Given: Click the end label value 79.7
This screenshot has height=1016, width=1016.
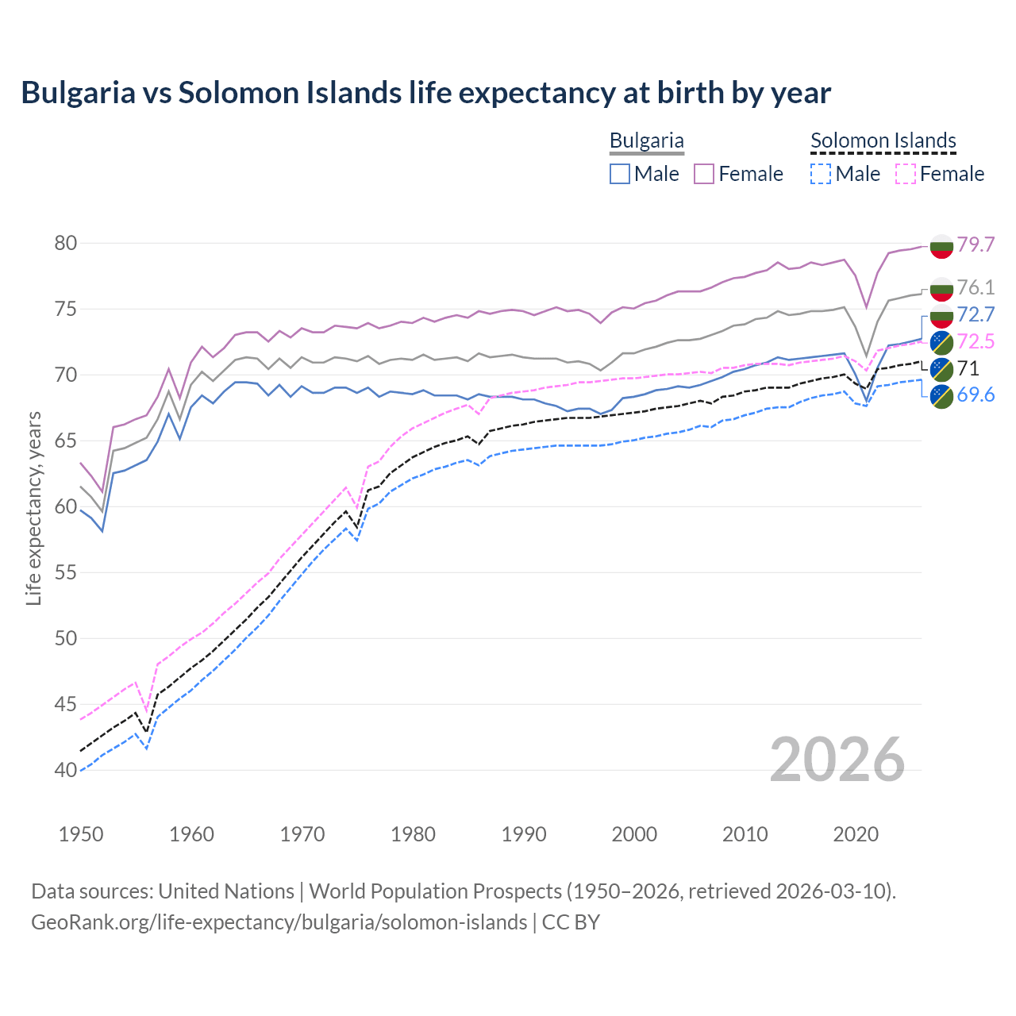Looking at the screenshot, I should point(976,244).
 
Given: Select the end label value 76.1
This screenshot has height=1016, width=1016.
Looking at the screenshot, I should point(976,287).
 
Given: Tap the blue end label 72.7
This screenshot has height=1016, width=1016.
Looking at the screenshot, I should point(976,314).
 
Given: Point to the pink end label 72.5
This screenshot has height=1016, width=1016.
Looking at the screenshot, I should point(976,341).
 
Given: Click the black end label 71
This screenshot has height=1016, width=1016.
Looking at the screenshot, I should point(968,368).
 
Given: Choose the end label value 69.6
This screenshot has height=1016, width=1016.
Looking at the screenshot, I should point(976,395).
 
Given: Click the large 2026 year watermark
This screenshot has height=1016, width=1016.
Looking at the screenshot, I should point(837,760).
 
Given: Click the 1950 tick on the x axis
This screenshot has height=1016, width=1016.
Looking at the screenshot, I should point(81,834).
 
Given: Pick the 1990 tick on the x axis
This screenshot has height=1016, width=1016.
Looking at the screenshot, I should point(524,834).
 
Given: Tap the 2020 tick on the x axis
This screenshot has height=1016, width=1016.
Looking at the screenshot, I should point(856,834).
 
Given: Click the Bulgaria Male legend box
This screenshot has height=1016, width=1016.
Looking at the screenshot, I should point(620,174).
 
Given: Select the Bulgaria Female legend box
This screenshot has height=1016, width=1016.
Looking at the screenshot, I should point(704,174).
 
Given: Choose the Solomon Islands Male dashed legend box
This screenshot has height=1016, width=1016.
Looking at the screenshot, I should point(821,174).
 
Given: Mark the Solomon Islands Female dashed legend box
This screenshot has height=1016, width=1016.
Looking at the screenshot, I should point(905,174).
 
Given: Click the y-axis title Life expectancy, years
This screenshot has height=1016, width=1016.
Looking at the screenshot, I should point(33,508).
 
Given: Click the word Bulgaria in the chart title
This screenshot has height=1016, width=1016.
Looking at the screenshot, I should point(78,93).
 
